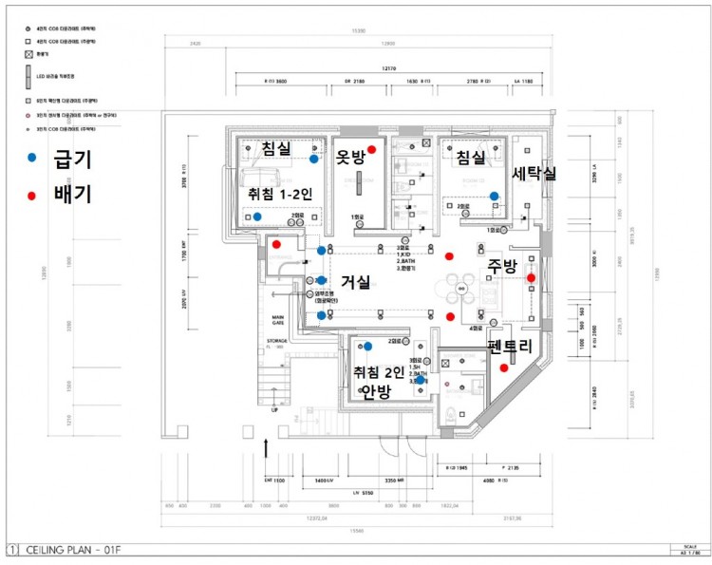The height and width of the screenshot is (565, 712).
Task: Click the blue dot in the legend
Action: pos(32,157)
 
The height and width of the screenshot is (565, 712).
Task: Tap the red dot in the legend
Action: pos(32,196)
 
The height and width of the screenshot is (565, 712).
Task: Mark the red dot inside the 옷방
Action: pos(372,150)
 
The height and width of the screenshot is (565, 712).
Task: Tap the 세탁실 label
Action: pos(534,174)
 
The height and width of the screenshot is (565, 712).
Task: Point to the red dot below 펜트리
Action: pos(503,368)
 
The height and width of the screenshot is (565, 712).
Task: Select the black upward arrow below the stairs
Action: pos(267,447)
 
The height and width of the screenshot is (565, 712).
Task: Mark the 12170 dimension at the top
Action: pos(388,69)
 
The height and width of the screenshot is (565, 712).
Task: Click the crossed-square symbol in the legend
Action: pos(28,56)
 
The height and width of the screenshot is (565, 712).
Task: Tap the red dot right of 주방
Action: pos(532,277)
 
